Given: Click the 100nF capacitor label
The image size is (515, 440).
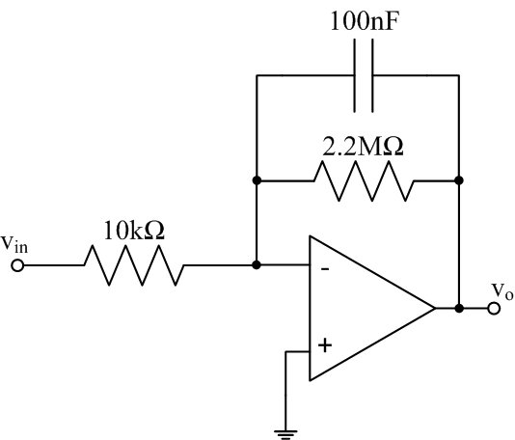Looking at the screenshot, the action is pos(365,21).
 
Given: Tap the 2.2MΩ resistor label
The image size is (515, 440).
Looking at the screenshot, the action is pos(363,146).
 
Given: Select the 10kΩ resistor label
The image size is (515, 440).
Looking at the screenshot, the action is pos(134,231).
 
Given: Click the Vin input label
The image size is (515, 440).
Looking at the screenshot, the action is pos(14,244).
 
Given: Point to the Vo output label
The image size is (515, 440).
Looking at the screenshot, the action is pos(502,291).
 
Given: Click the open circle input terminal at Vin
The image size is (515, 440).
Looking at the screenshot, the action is pos(17,265).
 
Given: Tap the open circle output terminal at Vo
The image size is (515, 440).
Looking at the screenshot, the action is pos(494,308).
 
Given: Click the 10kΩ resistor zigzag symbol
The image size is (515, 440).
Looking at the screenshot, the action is pos(134,265).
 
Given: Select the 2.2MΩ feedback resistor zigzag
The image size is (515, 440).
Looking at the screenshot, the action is pos(364,180).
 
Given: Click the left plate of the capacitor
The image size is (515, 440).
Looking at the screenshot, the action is pos(355,75).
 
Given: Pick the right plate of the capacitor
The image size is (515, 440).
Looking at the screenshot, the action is pos(372,75).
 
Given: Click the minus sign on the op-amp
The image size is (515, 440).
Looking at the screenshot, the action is pos(325,269).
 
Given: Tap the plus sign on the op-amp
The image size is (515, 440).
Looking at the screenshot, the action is pos(325,345).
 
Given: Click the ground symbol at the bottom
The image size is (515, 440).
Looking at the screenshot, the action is pos(286,434).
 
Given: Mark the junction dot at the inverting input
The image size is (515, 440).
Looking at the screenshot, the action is pos(257,264).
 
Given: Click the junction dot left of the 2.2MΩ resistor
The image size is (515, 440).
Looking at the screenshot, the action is pos(257,180).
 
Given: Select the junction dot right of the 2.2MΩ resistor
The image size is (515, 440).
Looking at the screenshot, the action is pos(459,180).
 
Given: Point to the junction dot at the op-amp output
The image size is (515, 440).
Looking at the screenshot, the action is pos(459,308).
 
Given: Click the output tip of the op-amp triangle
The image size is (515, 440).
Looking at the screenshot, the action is pos(435,308).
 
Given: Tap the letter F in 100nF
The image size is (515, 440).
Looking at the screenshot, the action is pos(392,21).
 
